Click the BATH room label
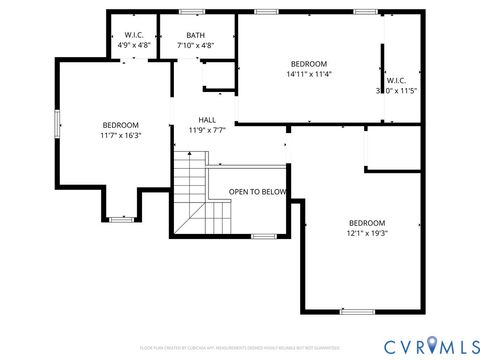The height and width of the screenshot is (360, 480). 195,35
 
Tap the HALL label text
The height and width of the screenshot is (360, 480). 207,119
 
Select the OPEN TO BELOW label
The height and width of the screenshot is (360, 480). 257,191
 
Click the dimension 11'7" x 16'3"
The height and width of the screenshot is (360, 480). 121,135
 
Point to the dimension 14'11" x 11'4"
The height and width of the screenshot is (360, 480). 309,73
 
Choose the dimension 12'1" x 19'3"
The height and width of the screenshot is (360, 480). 367,234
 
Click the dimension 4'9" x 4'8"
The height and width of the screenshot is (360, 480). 134,45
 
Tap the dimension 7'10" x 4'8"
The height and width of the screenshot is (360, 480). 195,45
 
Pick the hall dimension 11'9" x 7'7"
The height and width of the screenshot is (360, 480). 207,130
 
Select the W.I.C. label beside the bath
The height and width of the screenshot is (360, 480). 134,35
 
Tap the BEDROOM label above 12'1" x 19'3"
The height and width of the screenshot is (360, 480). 367,223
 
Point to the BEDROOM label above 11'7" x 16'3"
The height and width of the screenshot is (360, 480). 121,125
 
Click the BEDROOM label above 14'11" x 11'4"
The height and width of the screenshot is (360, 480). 309,62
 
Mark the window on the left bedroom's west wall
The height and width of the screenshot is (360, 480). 57,121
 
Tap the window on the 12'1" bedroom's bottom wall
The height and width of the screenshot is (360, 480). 355,311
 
